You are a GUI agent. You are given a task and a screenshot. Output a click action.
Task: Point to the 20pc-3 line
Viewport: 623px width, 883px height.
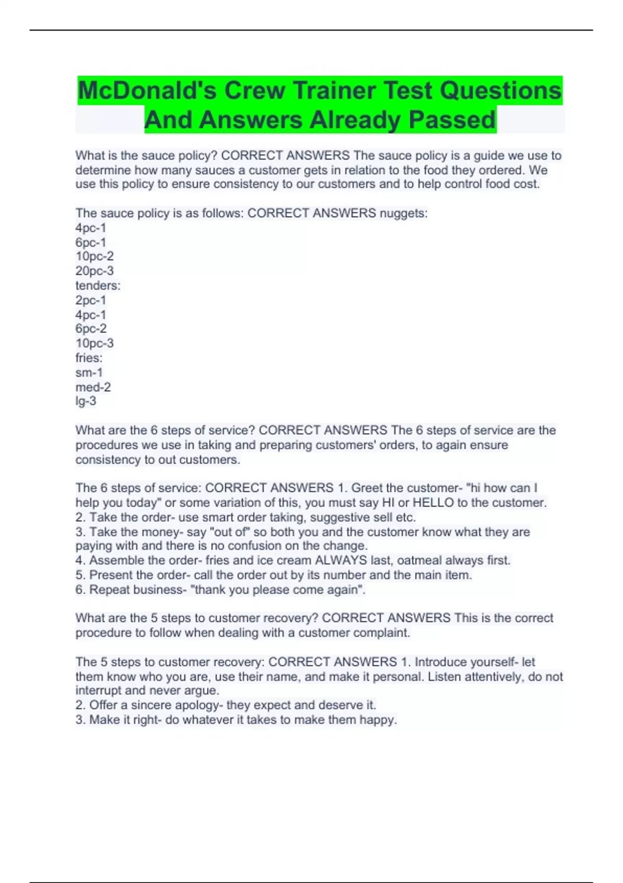94,271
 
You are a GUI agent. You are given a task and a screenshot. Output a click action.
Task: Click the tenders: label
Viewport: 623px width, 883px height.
98,286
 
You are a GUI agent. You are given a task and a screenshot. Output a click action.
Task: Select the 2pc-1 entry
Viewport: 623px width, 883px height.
91,300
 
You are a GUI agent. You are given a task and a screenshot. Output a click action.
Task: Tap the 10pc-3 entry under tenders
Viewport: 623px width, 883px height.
94,343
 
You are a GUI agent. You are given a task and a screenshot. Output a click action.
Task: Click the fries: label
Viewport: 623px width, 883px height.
89,358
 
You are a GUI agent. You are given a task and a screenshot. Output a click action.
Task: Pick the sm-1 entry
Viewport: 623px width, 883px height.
89,372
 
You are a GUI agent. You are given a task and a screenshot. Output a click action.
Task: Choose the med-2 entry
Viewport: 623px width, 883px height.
93,387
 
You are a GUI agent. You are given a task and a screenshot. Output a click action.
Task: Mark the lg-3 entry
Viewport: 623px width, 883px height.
86,401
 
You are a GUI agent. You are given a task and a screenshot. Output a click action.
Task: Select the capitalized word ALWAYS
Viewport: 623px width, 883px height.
341,560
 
